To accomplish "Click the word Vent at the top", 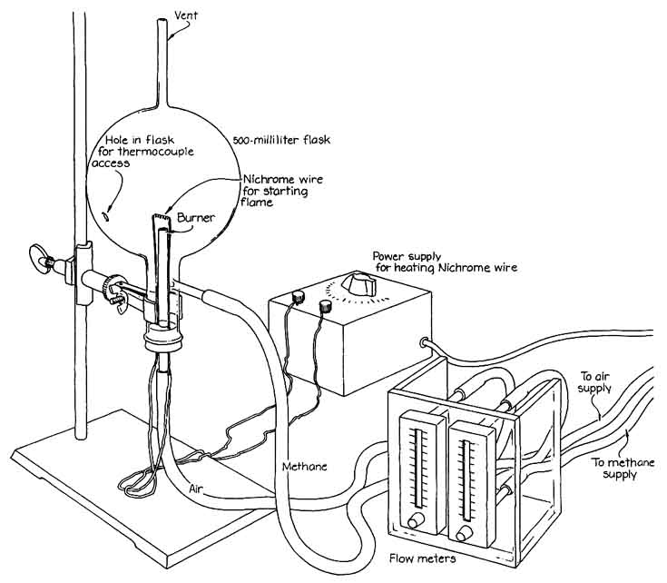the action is point(186,15).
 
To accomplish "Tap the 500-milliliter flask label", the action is point(281,140).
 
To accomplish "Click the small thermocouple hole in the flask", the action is point(106,217).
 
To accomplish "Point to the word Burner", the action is point(196,217).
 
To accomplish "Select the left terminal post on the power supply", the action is point(299,297).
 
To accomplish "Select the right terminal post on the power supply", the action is point(326,305).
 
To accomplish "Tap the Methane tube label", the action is point(305,467).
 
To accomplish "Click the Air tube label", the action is point(195,489).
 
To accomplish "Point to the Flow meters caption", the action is point(422,558).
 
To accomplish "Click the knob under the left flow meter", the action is point(416,520).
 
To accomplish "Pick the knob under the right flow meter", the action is point(465,533).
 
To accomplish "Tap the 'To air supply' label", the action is point(595,382).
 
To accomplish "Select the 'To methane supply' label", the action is point(623,468).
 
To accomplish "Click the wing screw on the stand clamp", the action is point(40,257).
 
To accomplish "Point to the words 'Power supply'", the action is point(407,256).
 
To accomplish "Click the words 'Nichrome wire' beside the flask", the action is point(283,179).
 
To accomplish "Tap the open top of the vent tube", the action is point(162,21).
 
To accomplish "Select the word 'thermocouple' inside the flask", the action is point(156,152).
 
